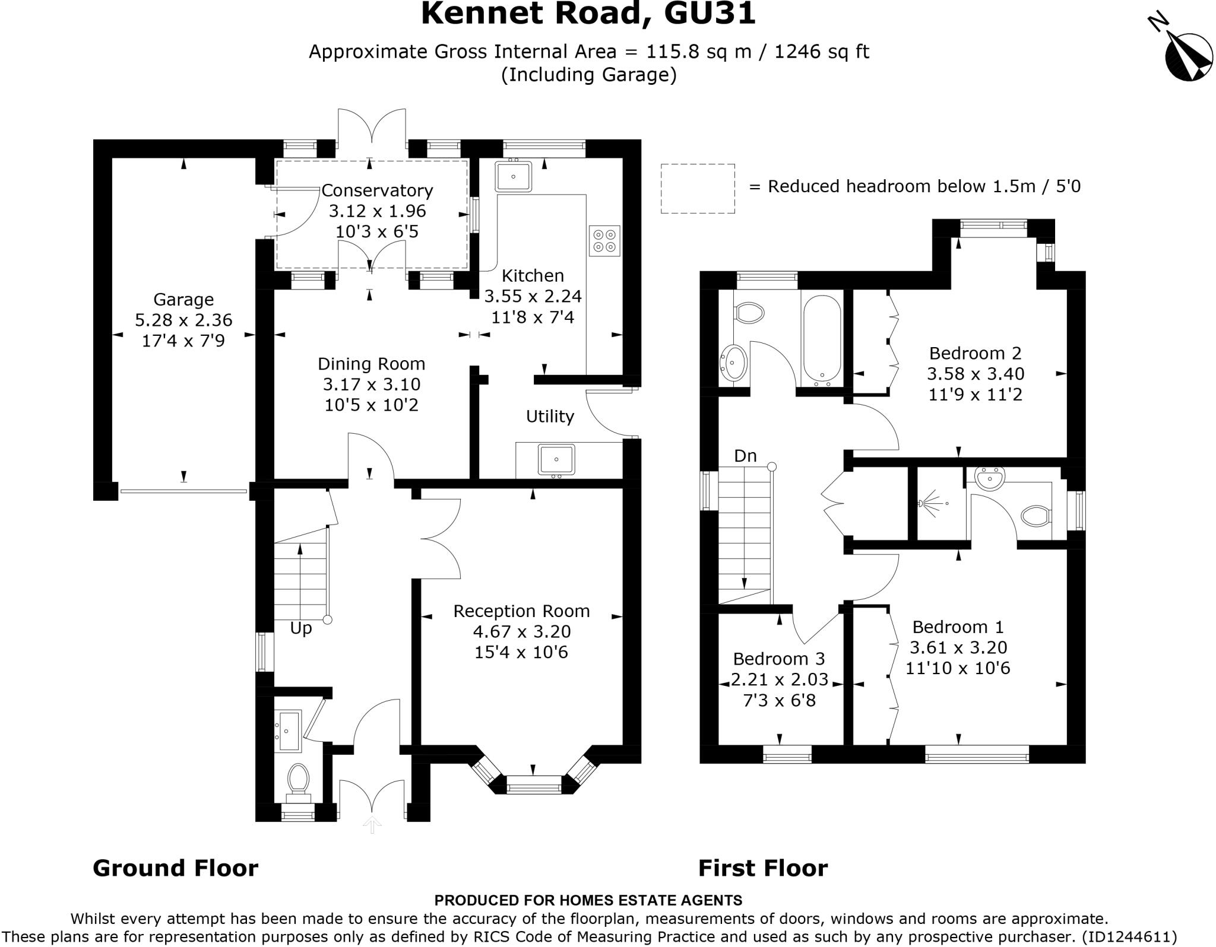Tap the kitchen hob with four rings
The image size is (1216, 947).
(604, 240)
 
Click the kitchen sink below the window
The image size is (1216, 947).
(514, 176)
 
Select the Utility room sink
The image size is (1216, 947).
(556, 460)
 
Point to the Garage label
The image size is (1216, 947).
(183, 300)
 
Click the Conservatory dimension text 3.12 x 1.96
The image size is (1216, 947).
(377, 211)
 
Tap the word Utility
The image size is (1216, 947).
(550, 417)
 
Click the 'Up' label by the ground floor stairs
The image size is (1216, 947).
(301, 628)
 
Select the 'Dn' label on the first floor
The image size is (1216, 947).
(745, 456)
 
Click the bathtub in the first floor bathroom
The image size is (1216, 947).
(821, 337)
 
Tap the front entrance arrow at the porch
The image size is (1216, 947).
(372, 824)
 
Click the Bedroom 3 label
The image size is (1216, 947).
(779, 659)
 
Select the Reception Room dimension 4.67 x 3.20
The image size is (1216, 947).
(521, 631)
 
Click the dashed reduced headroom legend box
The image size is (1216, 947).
(698, 189)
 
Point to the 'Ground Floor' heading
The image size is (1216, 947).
(176, 868)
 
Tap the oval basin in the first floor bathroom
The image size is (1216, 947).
(734, 361)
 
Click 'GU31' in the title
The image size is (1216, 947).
(710, 14)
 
